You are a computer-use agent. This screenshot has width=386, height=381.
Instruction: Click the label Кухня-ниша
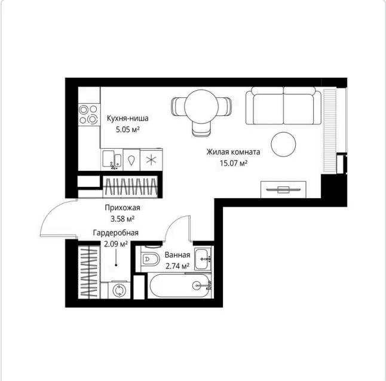127,118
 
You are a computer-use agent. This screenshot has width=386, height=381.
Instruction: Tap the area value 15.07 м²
234,163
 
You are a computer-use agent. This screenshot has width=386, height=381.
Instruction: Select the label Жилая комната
233,152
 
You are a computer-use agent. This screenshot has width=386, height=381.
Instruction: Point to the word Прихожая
122,208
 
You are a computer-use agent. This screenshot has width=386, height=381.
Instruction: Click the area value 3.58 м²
122,219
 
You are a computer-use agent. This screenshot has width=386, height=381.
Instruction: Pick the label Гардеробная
116,233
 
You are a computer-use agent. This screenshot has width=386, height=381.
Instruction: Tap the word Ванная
177,255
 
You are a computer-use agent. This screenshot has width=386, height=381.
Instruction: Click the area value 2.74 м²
177,266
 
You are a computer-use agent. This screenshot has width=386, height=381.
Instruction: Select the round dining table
201,106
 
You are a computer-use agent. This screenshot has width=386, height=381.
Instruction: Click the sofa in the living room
283,106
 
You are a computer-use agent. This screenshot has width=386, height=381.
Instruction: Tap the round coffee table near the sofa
283,145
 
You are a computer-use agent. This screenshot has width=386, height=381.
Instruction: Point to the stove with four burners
89,115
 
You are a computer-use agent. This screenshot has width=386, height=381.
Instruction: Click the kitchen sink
112,159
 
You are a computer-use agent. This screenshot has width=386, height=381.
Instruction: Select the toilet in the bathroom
150,259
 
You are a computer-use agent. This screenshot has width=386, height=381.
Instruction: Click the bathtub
180,285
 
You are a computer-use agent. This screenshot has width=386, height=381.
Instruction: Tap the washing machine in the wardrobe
119,290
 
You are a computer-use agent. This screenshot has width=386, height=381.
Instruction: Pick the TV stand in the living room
283,189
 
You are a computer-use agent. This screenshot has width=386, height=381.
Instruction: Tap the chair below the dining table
201,129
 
